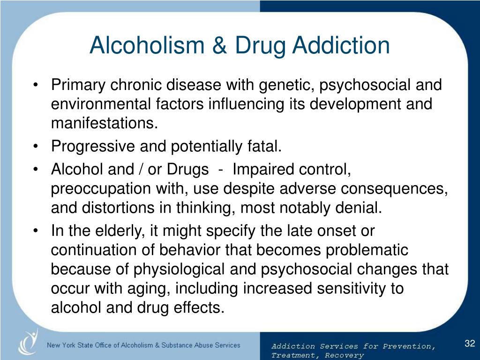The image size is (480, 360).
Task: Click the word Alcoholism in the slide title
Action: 147,45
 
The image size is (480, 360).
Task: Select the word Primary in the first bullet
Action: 78,85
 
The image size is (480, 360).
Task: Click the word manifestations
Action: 104,123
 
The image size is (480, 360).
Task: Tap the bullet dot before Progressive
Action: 36,146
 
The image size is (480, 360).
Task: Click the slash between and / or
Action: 141,169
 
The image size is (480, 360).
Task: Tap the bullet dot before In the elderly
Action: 36,230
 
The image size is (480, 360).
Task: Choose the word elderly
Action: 120,231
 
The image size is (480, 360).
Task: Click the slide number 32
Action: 470,344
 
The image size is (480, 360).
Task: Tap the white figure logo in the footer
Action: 28,342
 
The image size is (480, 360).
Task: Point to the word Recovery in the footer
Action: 344,355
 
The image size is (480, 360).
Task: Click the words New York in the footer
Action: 61,345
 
